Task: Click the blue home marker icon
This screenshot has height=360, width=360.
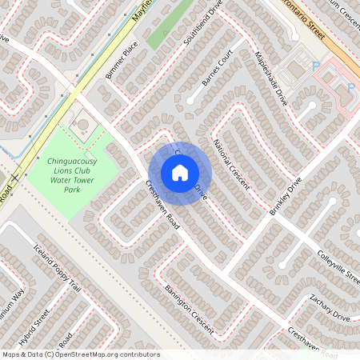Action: [180, 173]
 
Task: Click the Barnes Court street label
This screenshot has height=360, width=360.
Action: [217, 70]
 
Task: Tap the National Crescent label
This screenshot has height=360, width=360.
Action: [231, 165]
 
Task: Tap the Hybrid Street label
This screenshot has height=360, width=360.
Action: [34, 327]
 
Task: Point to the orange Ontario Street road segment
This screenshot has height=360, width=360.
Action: [336, 40]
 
